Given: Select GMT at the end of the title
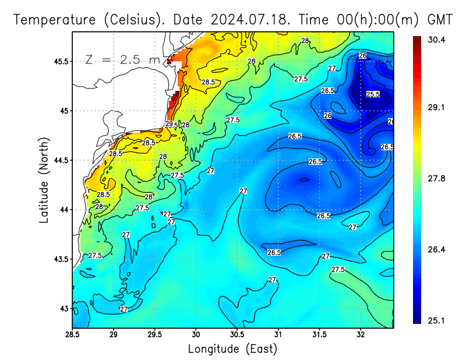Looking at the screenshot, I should [440, 19].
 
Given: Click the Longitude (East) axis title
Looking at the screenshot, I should [232, 349].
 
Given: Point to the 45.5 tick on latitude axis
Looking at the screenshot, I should [59, 61].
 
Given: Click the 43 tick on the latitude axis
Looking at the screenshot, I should [63, 308].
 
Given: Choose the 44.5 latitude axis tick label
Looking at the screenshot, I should [59, 160].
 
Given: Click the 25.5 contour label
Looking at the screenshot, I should [373, 94].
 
